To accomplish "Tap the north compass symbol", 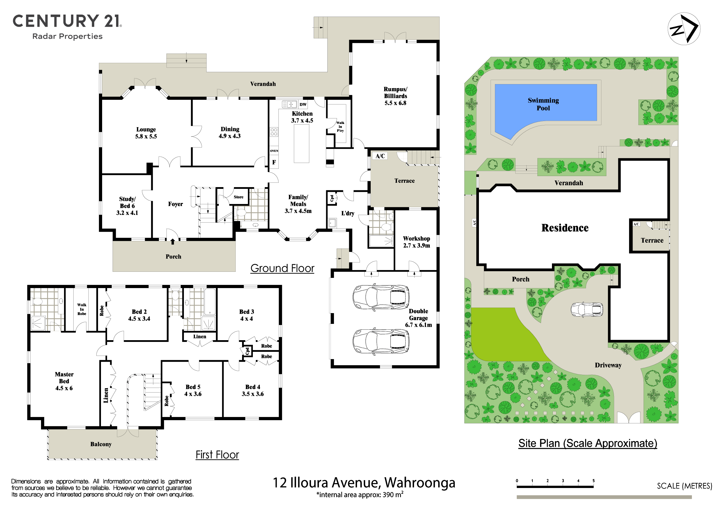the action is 684,29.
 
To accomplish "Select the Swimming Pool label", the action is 543,104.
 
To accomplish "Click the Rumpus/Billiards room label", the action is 395,96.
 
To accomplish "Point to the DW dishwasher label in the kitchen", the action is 303,104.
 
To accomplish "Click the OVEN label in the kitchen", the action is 274,151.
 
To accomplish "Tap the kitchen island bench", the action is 301,143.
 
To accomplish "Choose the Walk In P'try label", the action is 340,127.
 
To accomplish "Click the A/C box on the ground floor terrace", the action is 380,156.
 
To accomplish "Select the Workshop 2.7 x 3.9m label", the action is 416,242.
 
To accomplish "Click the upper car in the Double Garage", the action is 381,297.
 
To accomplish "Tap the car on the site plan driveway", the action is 587,309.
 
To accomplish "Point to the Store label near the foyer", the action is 238,197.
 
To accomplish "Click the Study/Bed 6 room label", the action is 127,206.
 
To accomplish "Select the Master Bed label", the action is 64,381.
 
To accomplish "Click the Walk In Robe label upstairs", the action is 82,309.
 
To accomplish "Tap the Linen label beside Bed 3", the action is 200,337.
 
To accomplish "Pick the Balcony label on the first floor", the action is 101,444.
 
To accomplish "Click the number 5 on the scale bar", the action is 594,481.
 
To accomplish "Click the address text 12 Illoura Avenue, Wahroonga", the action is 364,483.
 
